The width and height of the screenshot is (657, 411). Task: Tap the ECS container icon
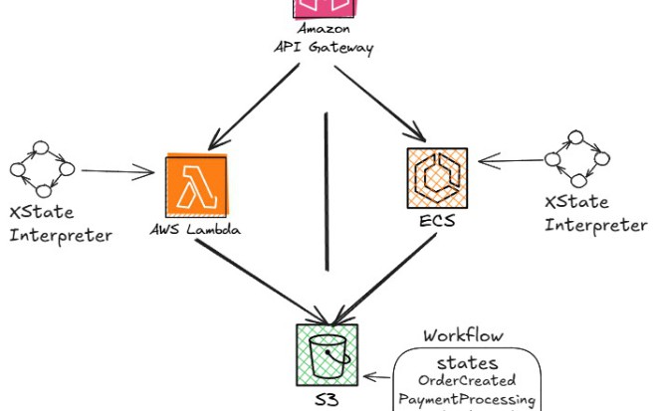pos(437,176)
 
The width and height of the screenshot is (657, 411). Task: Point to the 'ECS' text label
pos(436,221)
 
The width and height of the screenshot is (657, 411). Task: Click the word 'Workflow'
pos(463,335)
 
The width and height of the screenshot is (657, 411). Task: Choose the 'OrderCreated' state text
pos(467,380)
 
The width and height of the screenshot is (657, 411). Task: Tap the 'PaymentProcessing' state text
pos(467,399)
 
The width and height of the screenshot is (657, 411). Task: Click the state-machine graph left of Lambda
pos(41,168)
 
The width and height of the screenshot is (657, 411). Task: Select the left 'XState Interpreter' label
pos(60,224)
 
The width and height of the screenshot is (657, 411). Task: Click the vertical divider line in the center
pos(327,189)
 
